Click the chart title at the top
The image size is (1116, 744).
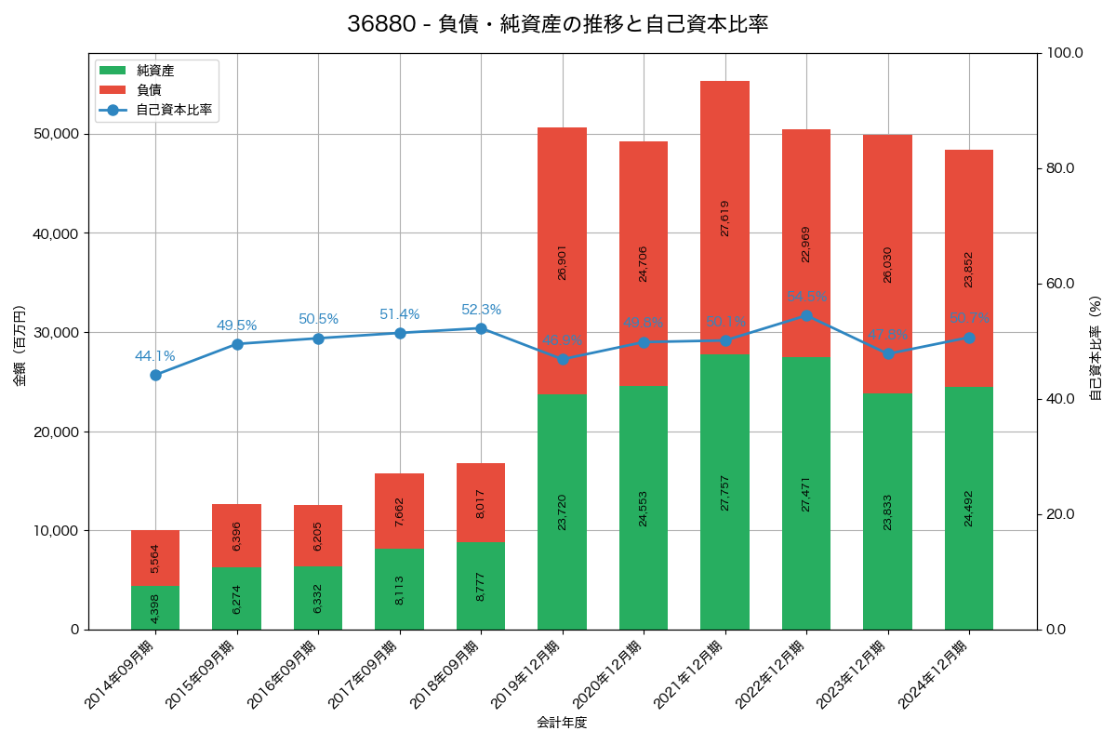click(x=557, y=24)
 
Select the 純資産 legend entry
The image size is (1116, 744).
click(x=154, y=71)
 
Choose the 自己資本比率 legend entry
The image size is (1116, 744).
click(x=173, y=110)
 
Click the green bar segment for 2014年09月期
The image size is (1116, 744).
click(x=155, y=607)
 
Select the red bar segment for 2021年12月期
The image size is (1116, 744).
click(x=724, y=218)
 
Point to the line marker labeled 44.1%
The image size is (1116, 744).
click(x=155, y=375)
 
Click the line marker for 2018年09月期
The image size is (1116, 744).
click(x=481, y=328)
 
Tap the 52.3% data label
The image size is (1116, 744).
click(x=481, y=310)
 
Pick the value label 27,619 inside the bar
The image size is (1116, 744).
click(x=724, y=218)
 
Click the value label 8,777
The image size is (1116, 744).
click(x=481, y=585)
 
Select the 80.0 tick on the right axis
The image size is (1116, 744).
click(x=1059, y=168)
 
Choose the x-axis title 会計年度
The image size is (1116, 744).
click(x=562, y=723)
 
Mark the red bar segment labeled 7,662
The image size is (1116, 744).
click(x=400, y=511)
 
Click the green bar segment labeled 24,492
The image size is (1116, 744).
click(x=969, y=508)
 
